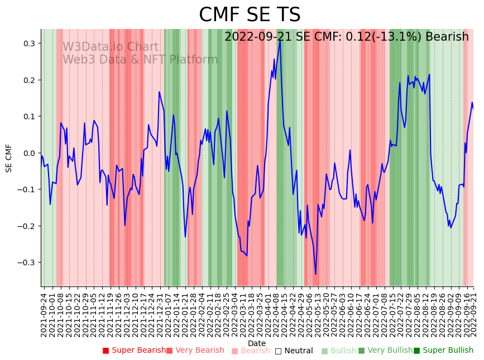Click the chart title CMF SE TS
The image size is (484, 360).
(x=250, y=15)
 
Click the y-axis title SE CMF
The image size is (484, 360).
(x=9, y=158)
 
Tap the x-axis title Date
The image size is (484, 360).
(x=257, y=343)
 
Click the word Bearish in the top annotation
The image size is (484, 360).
(x=447, y=37)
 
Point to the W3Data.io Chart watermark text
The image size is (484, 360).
(x=110, y=47)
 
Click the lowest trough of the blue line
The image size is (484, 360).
(x=315, y=274)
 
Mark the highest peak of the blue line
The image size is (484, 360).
(x=280, y=40)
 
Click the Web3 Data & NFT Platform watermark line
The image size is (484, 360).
(x=140, y=60)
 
